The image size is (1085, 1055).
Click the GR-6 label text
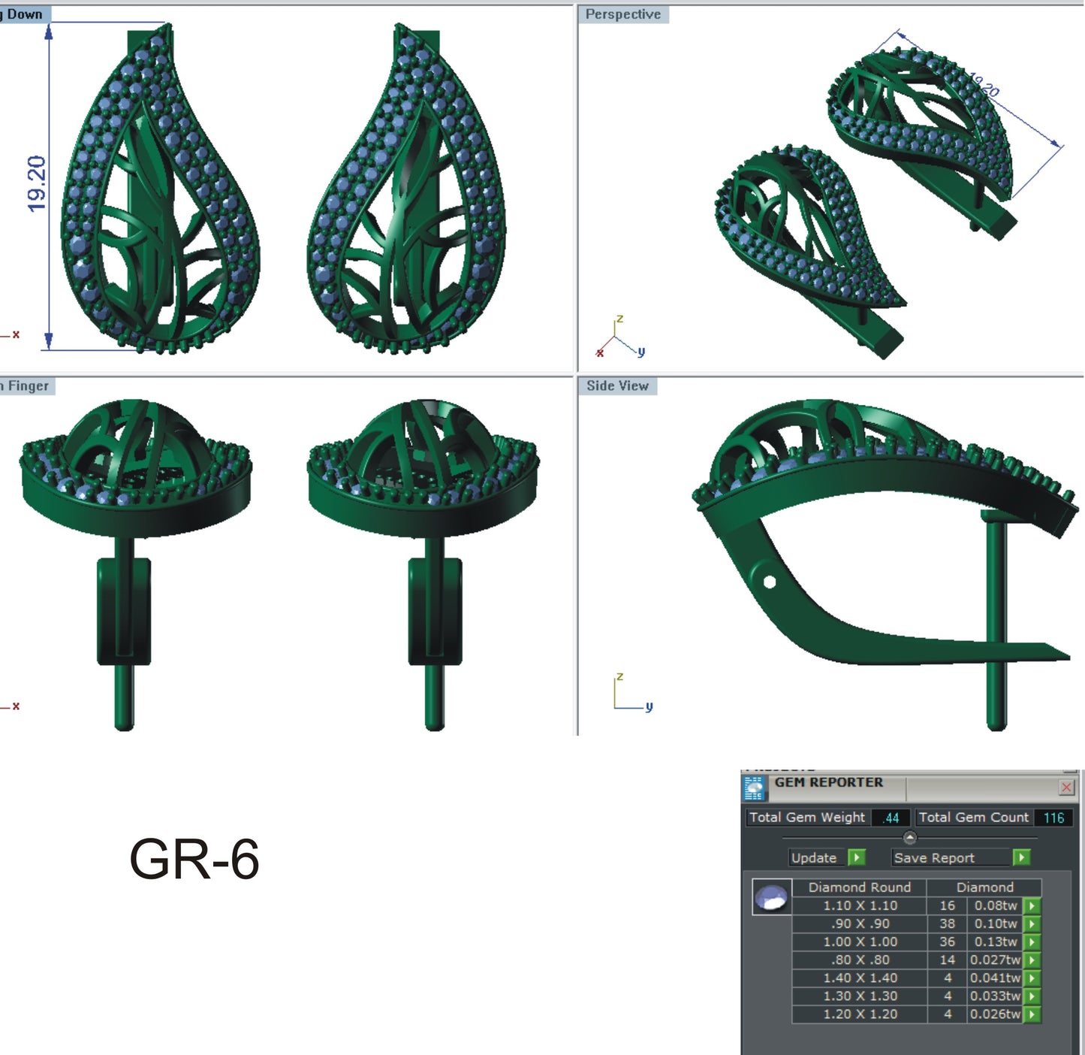[194, 860]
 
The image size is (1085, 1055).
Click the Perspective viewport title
[622, 14]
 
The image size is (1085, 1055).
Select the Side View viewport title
[616, 385]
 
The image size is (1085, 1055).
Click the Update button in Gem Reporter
[814, 857]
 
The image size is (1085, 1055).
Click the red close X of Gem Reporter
[1066, 787]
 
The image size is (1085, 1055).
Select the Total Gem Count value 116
[1053, 818]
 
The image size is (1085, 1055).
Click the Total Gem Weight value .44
[891, 818]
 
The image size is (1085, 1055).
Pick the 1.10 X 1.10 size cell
[860, 905]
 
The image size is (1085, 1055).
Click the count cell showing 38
[947, 924]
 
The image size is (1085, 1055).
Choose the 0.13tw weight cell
[996, 942]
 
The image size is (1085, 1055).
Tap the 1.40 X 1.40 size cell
[860, 978]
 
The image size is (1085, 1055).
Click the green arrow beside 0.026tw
[1032, 1014]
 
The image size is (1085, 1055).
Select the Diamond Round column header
[859, 887]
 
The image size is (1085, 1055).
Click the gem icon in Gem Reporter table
[771, 896]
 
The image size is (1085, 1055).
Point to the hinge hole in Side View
[769, 582]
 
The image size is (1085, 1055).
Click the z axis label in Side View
[619, 677]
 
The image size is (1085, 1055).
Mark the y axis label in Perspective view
[641, 351]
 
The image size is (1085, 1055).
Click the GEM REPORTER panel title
[829, 782]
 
